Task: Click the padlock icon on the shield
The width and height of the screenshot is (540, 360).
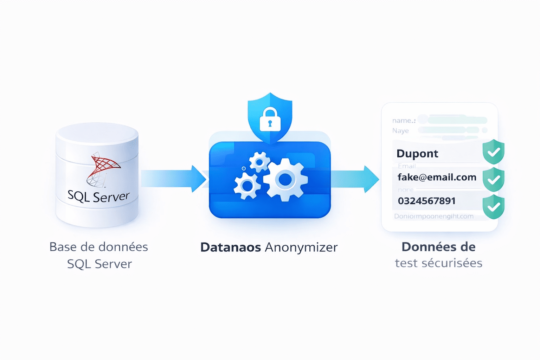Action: click(x=270, y=120)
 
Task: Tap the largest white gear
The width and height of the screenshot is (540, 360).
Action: click(x=285, y=180)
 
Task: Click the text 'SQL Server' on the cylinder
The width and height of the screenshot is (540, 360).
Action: click(x=98, y=196)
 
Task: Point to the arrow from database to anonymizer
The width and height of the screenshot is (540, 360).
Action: click(x=172, y=179)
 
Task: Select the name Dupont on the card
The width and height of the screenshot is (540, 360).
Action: click(x=417, y=154)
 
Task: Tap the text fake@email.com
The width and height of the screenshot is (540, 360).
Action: click(x=437, y=177)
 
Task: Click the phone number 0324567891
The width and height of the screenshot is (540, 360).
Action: click(x=426, y=201)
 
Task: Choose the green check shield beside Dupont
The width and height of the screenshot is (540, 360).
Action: click(x=494, y=152)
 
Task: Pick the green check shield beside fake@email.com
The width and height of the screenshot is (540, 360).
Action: click(x=494, y=179)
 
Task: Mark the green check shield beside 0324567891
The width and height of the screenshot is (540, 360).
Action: click(x=494, y=207)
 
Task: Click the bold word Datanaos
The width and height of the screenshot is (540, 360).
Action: click(x=230, y=247)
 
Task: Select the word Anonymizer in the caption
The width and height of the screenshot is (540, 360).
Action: click(x=301, y=247)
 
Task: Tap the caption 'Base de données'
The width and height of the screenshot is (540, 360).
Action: click(x=98, y=247)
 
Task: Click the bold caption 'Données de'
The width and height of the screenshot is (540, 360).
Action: click(x=438, y=247)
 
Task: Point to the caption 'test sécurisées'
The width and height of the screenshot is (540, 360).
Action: click(x=438, y=263)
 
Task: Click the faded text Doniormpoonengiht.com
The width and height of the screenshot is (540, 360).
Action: click(x=433, y=216)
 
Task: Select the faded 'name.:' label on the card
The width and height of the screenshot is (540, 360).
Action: click(x=404, y=121)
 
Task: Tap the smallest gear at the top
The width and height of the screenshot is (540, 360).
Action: click(x=259, y=162)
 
